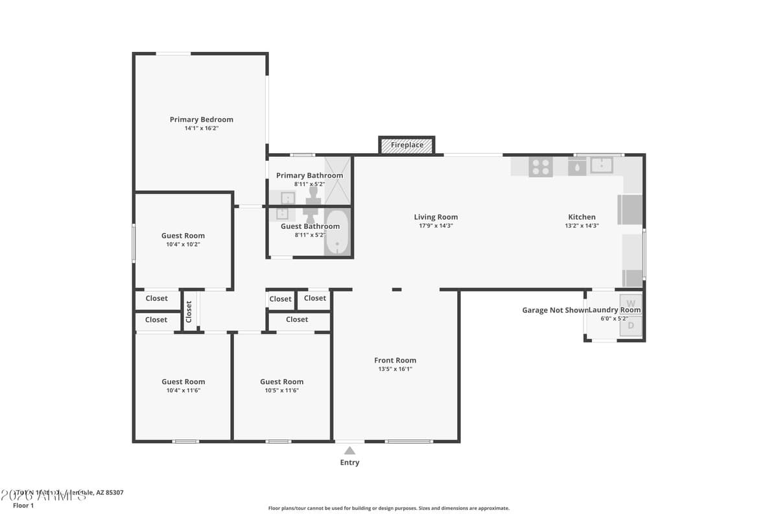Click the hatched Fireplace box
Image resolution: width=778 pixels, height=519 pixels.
(x=407, y=145)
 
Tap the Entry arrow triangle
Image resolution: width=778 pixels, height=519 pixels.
(x=349, y=451)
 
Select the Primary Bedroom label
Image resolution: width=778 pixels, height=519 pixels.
(x=201, y=119)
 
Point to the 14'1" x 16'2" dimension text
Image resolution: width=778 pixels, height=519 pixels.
(x=201, y=128)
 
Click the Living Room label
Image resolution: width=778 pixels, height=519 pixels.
(x=436, y=217)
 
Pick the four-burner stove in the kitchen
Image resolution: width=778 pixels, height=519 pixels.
(x=541, y=167)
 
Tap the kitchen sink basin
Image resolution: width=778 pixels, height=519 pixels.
(x=601, y=165)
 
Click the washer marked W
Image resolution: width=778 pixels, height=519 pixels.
(x=630, y=304)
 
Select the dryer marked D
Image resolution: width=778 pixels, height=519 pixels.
(x=630, y=326)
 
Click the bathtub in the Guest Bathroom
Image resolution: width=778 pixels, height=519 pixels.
(x=336, y=234)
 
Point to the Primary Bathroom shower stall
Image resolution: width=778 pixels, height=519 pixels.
(x=337, y=180)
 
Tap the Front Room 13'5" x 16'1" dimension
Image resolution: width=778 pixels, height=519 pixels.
(x=395, y=369)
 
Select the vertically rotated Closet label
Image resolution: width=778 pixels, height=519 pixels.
(x=189, y=312)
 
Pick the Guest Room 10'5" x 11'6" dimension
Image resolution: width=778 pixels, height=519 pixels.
(x=281, y=391)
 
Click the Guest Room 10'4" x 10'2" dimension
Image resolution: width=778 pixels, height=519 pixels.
(x=183, y=245)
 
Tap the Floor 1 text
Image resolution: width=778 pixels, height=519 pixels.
(x=23, y=505)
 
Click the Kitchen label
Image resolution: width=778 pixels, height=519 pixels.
(x=582, y=217)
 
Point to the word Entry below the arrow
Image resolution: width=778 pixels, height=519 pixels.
(x=349, y=463)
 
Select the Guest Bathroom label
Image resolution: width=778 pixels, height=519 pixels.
(x=310, y=226)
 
